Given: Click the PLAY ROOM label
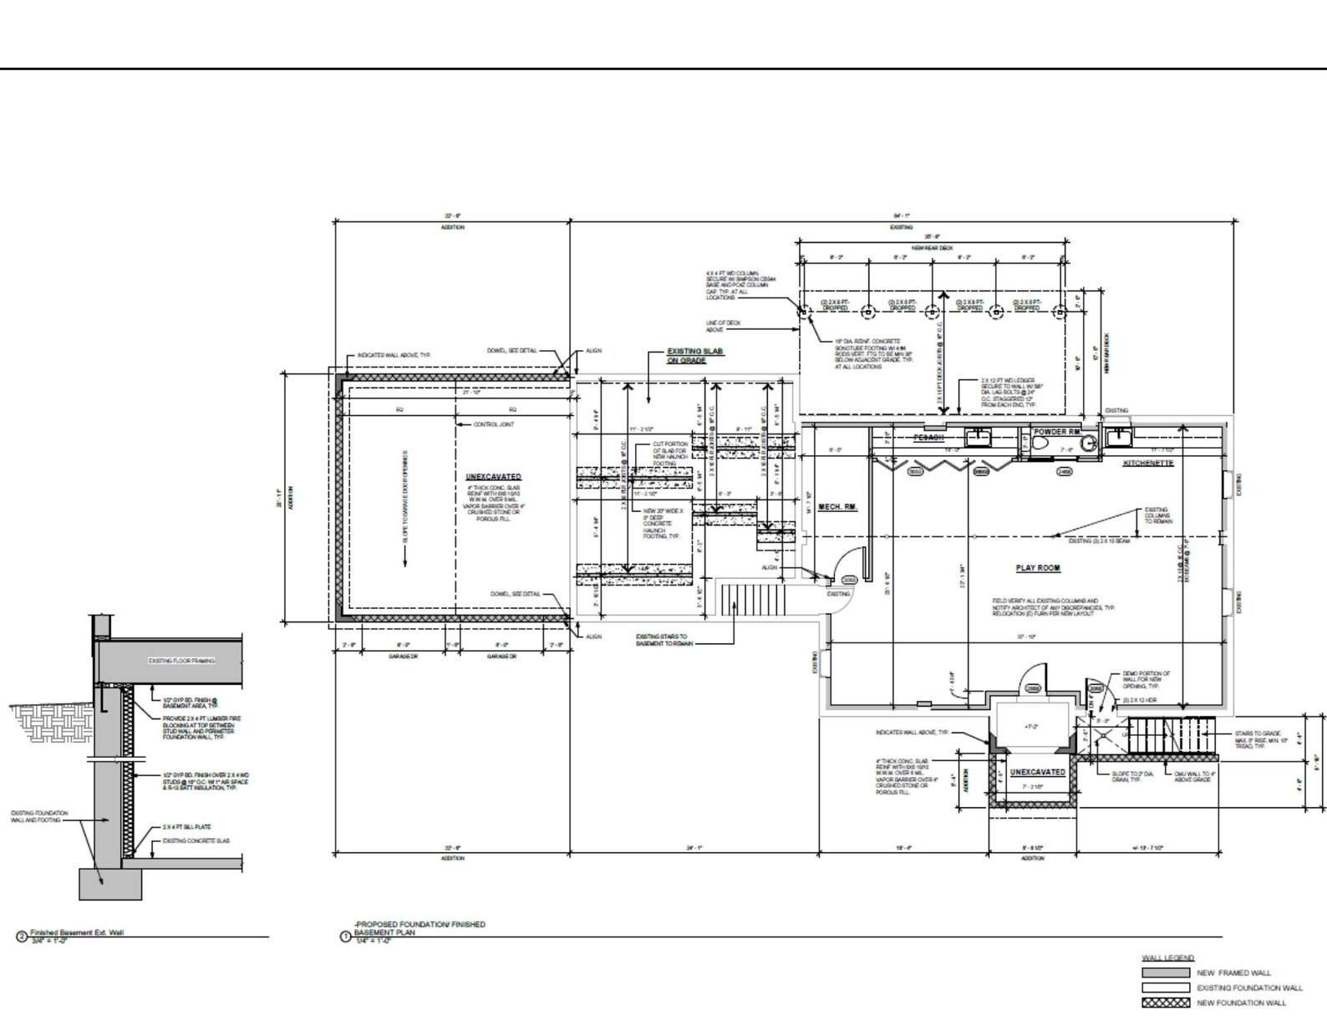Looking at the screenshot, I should (1037, 568).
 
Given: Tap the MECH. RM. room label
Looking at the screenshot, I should (837, 507).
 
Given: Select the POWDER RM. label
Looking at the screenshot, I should (1056, 432).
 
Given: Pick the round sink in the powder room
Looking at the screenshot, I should (1087, 445).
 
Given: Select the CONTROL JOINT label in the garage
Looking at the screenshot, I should (493, 424).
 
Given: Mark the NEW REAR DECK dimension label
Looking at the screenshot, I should (932, 248).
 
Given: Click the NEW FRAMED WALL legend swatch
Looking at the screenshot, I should (1165, 972).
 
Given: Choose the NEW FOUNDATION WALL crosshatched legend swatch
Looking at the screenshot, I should (1165, 1002).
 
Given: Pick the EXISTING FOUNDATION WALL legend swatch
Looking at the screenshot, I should (1165, 987).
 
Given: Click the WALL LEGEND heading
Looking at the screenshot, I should (1167, 957).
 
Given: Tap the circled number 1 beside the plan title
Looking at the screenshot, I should (345, 936).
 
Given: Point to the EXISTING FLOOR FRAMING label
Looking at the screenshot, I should (181, 661).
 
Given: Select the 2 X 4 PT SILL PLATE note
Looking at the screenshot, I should (186, 827).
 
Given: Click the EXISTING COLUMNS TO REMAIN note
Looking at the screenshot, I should (1158, 515).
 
